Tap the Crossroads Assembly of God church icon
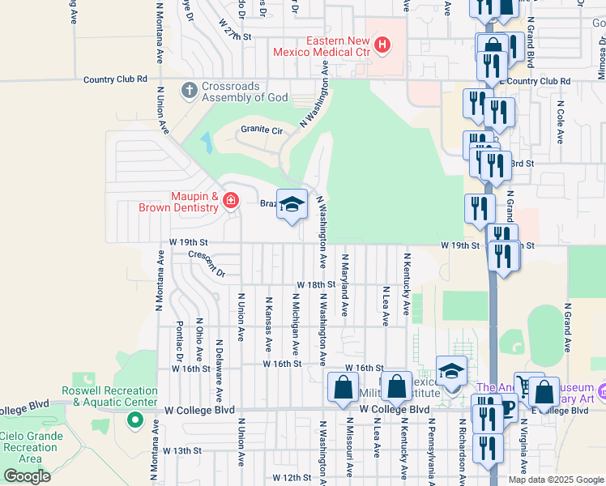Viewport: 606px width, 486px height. (190, 90)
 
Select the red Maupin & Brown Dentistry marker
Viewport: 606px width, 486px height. (231, 200)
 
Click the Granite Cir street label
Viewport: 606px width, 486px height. (262, 130)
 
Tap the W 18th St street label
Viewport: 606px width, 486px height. (315, 285)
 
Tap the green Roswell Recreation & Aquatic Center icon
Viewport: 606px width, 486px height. (134, 421)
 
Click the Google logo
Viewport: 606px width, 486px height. (27, 475)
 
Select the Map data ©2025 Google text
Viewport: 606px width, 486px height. (555, 480)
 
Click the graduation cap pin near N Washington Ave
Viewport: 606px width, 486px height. (292, 205)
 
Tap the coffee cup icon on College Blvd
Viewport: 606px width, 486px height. (508, 408)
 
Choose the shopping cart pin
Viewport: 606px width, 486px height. (529, 388)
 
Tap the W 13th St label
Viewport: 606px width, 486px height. (181, 450)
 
